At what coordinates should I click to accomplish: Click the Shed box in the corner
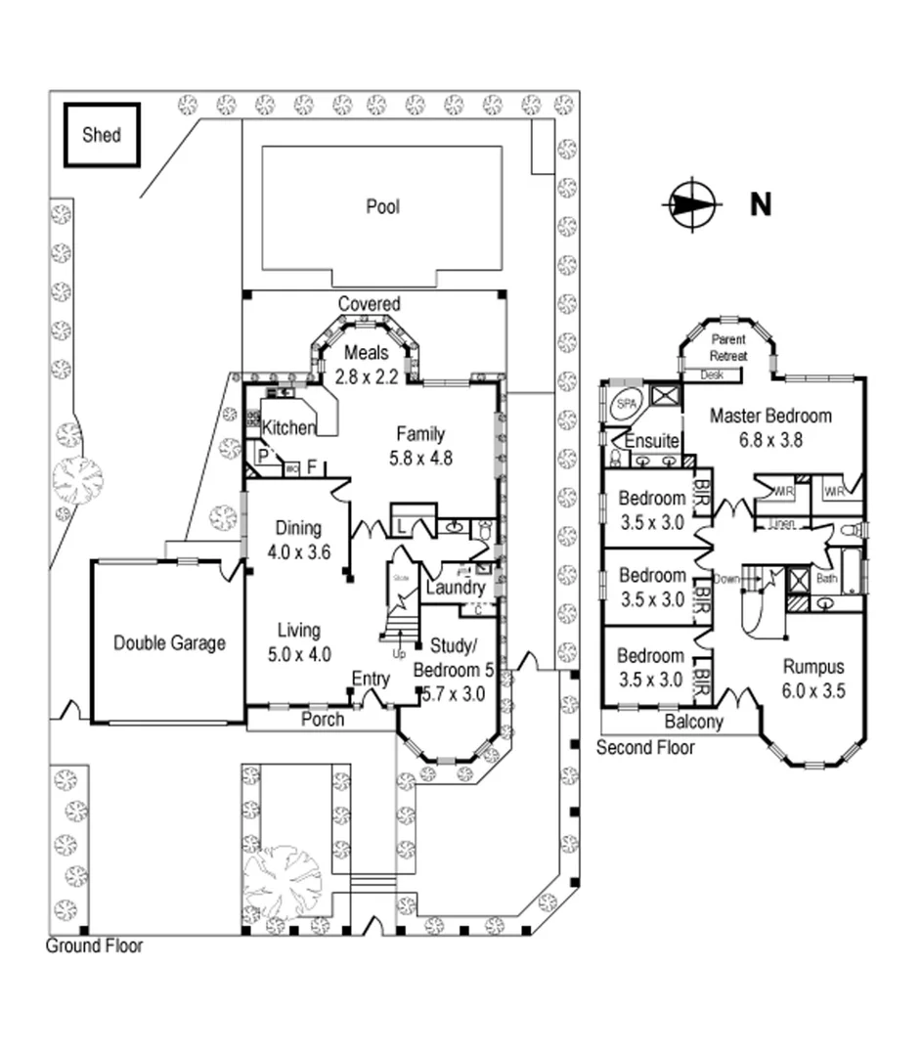[x=102, y=134]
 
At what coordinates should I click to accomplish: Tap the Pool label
[x=382, y=206]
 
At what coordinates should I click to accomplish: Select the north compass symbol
[x=691, y=205]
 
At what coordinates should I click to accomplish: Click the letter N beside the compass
[x=760, y=205]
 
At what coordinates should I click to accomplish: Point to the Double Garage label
[x=169, y=642]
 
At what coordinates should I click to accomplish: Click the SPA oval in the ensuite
[x=623, y=404]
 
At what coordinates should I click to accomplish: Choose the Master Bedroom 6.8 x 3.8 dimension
[x=770, y=439]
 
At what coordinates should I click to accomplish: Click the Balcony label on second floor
[x=693, y=723]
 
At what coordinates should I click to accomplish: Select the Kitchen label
[x=288, y=427]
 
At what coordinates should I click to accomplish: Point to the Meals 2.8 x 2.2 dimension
[x=366, y=375]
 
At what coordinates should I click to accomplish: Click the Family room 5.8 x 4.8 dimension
[x=419, y=457]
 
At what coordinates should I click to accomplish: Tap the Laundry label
[x=455, y=588]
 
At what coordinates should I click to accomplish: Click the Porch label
[x=322, y=719]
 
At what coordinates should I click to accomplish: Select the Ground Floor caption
[x=94, y=946]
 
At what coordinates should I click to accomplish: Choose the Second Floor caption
[x=645, y=748]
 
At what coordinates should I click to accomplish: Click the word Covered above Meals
[x=369, y=304]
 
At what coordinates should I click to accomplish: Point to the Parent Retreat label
[x=726, y=348]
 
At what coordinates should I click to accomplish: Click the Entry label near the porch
[x=371, y=679]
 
